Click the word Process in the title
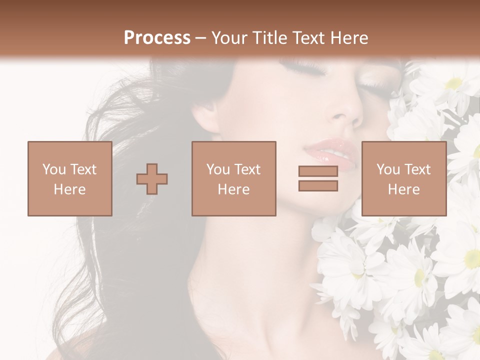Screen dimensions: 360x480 pyautogui.click(x=157, y=38)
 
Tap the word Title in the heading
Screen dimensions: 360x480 pyautogui.click(x=268, y=38)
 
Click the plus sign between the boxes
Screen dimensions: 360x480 pyautogui.click(x=152, y=179)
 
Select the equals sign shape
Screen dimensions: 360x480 pyautogui.click(x=318, y=178)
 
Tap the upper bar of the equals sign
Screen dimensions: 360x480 pyautogui.click(x=318, y=171)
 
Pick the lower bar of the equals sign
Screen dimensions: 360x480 pyautogui.click(x=318, y=186)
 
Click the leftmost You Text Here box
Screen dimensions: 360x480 pyautogui.click(x=69, y=178)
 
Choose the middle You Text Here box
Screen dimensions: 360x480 pyautogui.click(x=233, y=178)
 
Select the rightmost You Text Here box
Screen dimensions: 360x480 pyautogui.click(x=403, y=178)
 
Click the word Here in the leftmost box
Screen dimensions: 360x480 pyautogui.click(x=69, y=189)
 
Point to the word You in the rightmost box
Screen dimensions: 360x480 pyautogui.click(x=388, y=169)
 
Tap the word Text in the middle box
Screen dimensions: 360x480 pyautogui.click(x=247, y=169)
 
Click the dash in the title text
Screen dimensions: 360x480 pyautogui.click(x=200, y=38)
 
